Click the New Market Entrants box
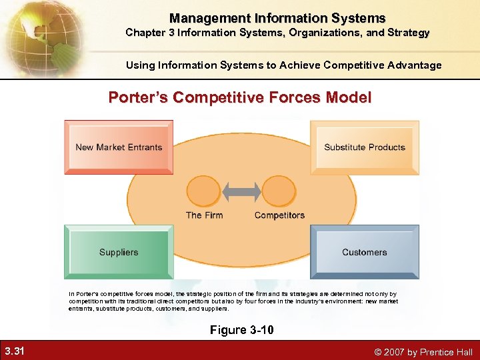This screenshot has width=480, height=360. pyautogui.click(x=119, y=147)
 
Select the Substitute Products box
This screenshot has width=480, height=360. pyautogui.click(x=365, y=147)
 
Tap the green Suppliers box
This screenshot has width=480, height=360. pyautogui.click(x=119, y=252)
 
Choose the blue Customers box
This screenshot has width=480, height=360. pyautogui.click(x=365, y=252)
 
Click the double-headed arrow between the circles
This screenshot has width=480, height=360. pyautogui.click(x=241, y=191)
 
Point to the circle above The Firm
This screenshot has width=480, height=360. pyautogui.click(x=205, y=191)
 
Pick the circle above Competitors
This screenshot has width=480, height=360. pyautogui.click(x=279, y=191)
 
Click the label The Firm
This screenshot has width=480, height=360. pyautogui.click(x=204, y=215)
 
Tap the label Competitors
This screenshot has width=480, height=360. pyautogui.click(x=279, y=215)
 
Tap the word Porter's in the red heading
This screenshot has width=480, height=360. pyautogui.click(x=138, y=98)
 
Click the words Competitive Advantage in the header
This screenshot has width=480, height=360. pyautogui.click(x=382, y=65)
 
